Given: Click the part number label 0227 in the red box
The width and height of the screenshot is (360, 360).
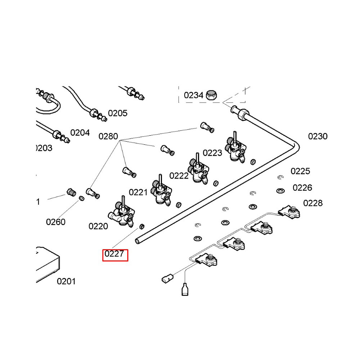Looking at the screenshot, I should tap(115, 255).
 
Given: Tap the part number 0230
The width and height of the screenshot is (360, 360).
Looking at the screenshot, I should tap(318, 136).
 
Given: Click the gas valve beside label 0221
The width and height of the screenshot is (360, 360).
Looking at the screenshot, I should tap(161, 193).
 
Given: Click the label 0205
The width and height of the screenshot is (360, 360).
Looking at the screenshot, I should tap(118, 113).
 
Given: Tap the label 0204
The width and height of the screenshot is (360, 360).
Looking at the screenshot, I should tap(80, 133).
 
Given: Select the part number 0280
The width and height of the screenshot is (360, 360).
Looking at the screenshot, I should tap(108, 136).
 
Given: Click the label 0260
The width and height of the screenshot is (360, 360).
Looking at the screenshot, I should tap(56, 222).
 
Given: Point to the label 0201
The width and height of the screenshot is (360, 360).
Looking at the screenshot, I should tap(66, 281).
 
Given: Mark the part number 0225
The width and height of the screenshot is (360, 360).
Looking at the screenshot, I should tap(300, 171).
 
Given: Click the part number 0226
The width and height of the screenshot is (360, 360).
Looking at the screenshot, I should tap(302, 188).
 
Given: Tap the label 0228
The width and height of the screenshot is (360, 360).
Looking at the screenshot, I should tap(313, 203).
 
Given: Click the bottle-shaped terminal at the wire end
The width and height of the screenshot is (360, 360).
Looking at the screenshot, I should tap(185, 289).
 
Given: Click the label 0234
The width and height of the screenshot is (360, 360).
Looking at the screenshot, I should tap(194, 95).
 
